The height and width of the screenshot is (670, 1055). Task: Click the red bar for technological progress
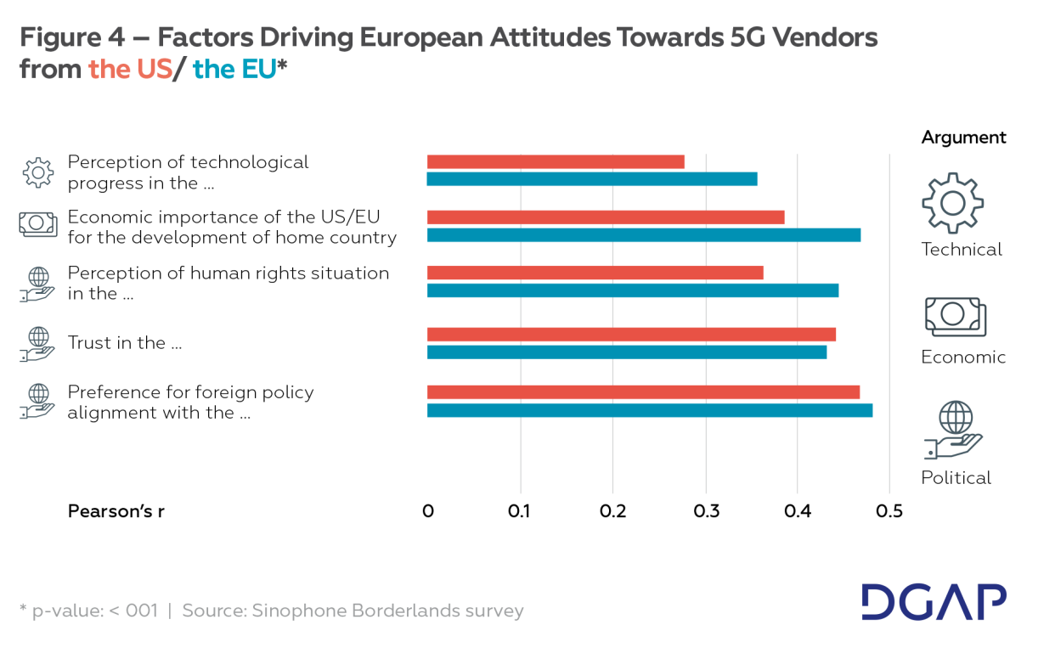556,162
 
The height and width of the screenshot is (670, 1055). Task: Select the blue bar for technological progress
592,179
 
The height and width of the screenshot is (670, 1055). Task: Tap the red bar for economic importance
606,217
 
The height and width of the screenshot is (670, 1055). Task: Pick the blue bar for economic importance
644,235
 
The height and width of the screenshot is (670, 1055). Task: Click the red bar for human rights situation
595,273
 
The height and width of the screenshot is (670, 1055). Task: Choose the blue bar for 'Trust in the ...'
627,352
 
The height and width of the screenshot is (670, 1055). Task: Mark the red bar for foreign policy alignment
643,392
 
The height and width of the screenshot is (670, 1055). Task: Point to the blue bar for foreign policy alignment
650,411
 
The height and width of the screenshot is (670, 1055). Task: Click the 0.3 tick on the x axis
706,512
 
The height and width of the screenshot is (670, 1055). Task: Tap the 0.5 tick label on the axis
889,512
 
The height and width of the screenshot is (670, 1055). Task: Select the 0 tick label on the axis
428,512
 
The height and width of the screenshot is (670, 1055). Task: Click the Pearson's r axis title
116,512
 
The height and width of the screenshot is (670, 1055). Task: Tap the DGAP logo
934,601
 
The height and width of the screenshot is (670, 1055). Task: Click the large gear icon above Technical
952,202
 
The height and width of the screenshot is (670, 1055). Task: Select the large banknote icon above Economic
955,316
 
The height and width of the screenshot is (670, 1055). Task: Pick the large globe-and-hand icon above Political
955,431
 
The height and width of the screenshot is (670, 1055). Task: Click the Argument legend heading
963,138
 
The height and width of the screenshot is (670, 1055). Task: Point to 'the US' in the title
130,70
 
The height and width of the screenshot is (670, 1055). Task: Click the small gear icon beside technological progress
37,172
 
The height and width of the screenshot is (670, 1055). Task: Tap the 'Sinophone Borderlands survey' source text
387,611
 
